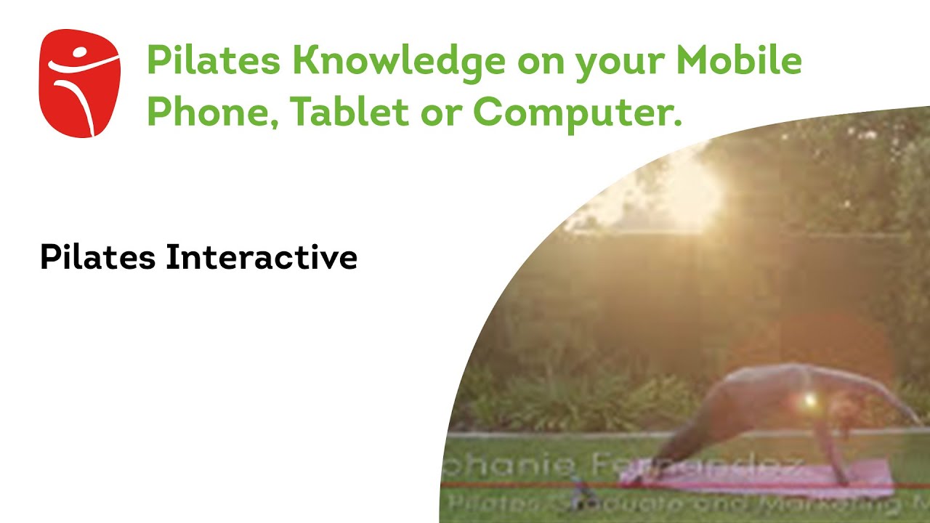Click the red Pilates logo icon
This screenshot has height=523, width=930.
[80, 83]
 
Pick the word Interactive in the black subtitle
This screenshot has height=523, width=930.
[262, 258]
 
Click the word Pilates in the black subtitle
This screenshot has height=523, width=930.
[98, 258]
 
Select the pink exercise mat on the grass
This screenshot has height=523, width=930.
[763, 479]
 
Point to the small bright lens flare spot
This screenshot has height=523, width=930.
[808, 399]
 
